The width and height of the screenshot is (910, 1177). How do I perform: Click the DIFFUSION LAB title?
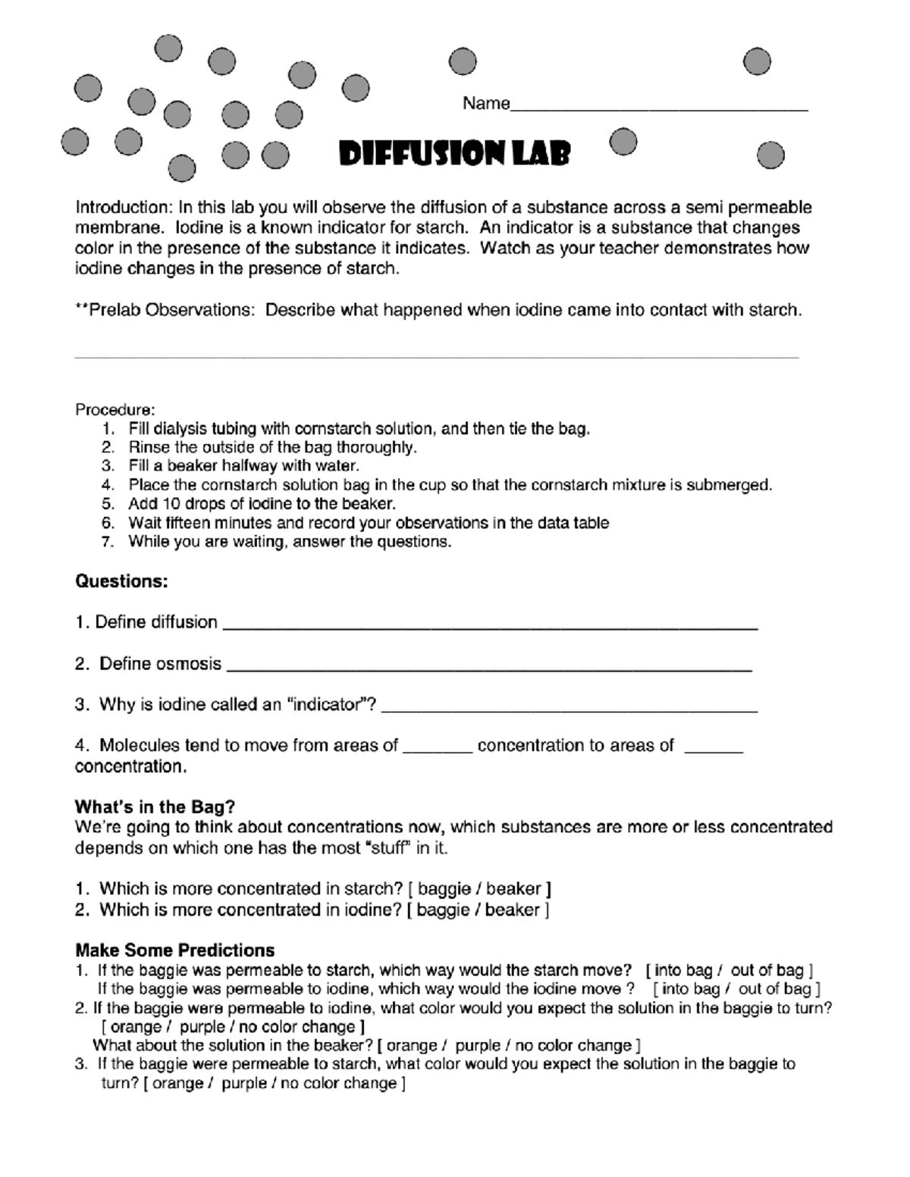453,155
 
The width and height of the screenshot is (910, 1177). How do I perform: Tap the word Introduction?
122,208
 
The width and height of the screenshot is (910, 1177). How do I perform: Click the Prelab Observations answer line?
436,356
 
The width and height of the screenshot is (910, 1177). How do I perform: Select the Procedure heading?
115,410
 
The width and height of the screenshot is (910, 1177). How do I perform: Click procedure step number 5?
108,504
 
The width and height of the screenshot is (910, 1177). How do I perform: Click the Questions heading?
121,581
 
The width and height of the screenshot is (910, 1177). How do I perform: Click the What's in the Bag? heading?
155,806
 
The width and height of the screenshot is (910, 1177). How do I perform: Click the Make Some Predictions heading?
174,950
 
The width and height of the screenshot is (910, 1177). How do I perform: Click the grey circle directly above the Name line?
463,61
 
